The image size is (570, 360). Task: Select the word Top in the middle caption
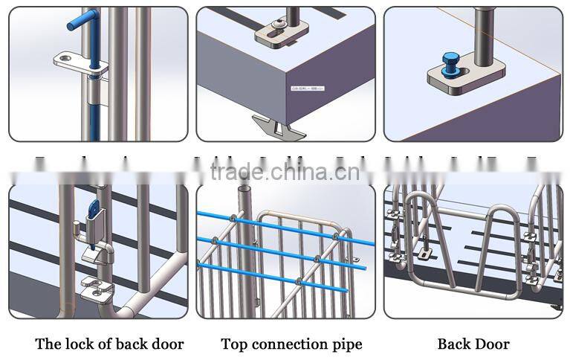pyautogui.click(x=233, y=344)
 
